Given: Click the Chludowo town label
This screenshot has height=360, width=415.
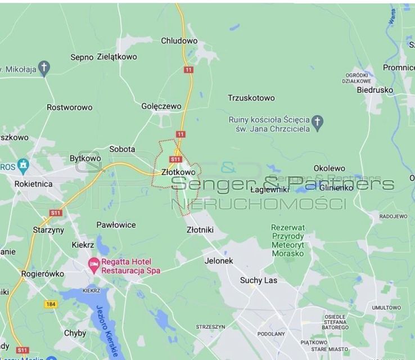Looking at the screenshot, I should click(x=179, y=41).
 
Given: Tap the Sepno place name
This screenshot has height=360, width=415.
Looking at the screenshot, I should click(x=82, y=57).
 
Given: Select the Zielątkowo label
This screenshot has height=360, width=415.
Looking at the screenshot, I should click(x=117, y=57).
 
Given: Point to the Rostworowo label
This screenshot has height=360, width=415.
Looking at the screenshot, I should click(x=69, y=107).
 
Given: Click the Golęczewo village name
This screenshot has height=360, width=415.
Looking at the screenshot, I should click(x=161, y=106).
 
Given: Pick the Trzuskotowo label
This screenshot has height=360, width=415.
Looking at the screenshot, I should click(x=251, y=98).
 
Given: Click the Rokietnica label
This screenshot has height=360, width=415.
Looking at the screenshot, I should click(x=33, y=184).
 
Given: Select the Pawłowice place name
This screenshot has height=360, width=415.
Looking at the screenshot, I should click(x=116, y=225).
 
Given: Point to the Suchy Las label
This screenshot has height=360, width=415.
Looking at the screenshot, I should click(x=259, y=280).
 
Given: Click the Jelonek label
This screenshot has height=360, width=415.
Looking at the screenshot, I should click(x=219, y=261).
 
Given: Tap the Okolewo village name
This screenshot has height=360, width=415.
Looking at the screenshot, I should click(x=329, y=168).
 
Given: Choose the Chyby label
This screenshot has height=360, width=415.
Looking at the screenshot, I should click(x=75, y=333).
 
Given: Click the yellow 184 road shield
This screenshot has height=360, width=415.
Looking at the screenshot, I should click(x=51, y=304).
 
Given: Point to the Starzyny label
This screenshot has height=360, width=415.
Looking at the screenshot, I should click(x=48, y=230).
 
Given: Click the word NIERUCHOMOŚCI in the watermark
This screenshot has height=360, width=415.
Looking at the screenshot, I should click(x=258, y=204).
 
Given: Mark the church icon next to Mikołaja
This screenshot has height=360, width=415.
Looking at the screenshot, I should click(x=44, y=69).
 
